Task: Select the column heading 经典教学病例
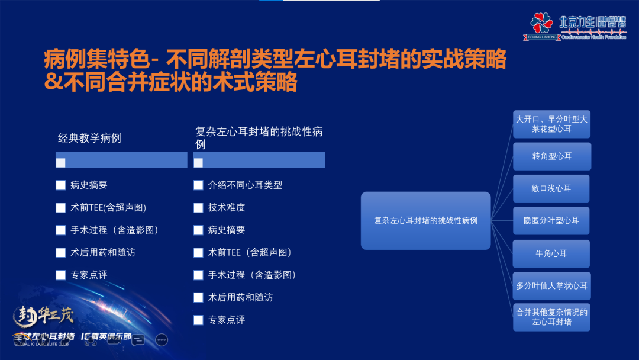[89, 138]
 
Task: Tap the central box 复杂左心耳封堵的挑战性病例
[425, 220]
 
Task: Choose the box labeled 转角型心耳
[551, 156]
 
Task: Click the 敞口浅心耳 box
[551, 188]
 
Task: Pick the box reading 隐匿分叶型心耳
[551, 220]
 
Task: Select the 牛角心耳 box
[551, 253]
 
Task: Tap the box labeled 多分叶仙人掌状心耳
[551, 285]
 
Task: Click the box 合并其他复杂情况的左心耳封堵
[551, 317]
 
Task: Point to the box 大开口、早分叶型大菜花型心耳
[551, 124]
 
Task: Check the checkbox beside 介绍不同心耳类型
[198, 185]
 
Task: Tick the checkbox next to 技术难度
[198, 207]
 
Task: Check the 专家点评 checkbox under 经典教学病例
[60, 275]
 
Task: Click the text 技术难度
[227, 207]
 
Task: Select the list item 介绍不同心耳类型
[245, 185]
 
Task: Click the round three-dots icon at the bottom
[162, 340]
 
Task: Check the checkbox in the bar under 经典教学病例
[60, 162]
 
